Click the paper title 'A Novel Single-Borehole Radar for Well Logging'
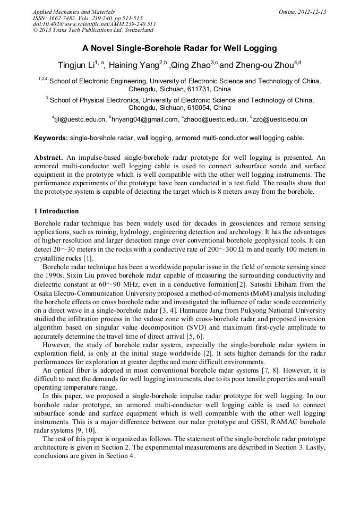(179, 48)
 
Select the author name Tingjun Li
(76, 65)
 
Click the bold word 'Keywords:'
(50, 138)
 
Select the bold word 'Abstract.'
(49, 158)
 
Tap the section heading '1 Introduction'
(56, 211)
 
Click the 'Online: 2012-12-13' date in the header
(302, 12)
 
